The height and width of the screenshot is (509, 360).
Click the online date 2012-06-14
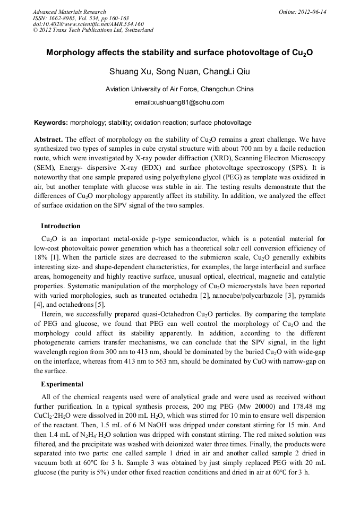pos(312,12)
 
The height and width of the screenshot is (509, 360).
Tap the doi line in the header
pos(88,24)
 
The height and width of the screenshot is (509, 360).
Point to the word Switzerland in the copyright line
pos(136,30)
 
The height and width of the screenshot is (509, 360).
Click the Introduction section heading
pos(61,226)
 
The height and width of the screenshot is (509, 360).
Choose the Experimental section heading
pos(62,384)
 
